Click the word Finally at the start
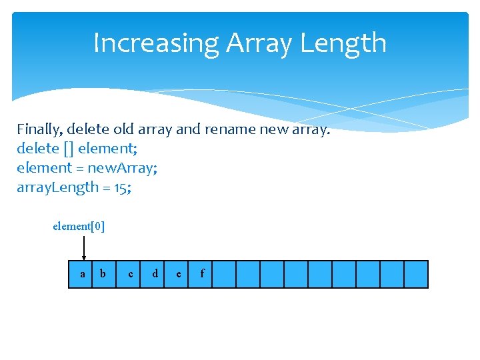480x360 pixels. [x=39, y=129]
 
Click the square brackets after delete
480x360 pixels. [x=66, y=149]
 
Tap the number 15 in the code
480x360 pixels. [x=122, y=187]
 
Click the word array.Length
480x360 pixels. [x=57, y=187]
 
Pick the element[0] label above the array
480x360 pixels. [x=79, y=226]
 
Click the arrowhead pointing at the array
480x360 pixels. [x=83, y=257]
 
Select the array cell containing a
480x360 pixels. [x=82, y=274]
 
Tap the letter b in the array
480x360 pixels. [x=103, y=273]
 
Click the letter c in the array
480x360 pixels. [x=131, y=274]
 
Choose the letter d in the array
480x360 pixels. [x=155, y=273]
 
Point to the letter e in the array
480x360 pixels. [x=178, y=274]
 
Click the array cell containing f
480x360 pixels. [x=201, y=274]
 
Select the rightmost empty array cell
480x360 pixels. [x=416, y=274]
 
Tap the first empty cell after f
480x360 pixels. [x=224, y=274]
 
